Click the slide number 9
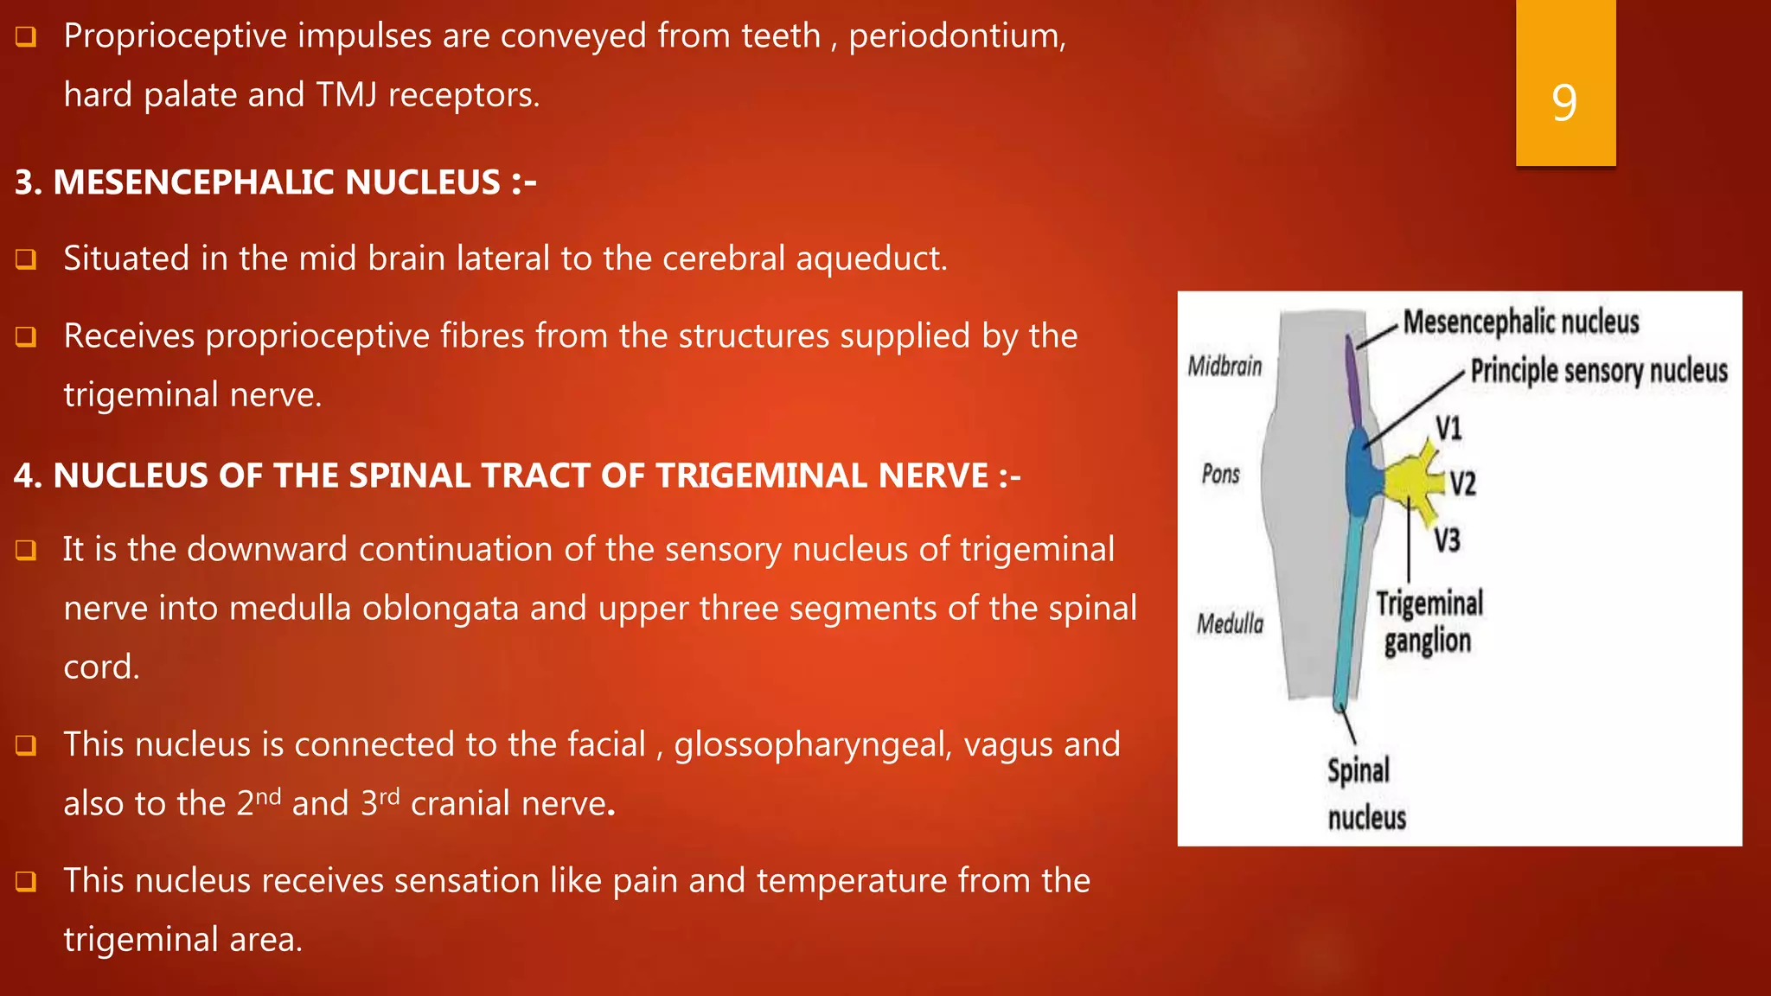[1564, 102]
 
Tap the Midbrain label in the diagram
[1224, 367]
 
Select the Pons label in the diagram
[1221, 474]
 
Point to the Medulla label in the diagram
[1230, 623]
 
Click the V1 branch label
[1448, 429]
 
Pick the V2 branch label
[1462, 483]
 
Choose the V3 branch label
[1447, 540]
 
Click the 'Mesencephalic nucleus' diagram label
[1521, 322]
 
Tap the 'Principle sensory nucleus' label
[1599, 371]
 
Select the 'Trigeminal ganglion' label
[1429, 622]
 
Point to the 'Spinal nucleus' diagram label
[1365, 794]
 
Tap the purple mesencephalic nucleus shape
[1353, 380]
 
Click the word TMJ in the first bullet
[346, 94]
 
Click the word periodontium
[956, 36]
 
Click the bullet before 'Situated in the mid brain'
[26, 259]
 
